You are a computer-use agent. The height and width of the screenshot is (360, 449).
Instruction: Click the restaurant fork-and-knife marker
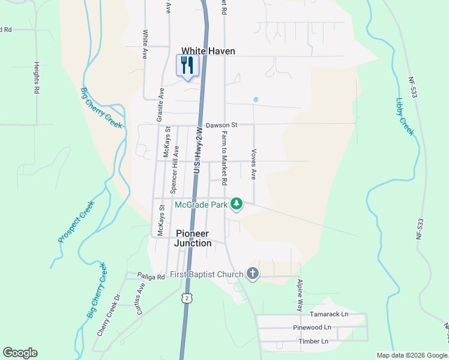point(187,65)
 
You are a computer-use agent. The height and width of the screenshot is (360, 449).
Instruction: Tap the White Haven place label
point(208,51)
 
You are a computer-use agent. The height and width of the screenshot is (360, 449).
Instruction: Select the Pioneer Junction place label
point(193,238)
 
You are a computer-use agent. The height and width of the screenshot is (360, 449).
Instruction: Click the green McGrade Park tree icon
point(237,204)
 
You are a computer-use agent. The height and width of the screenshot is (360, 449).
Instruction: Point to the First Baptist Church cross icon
point(253,274)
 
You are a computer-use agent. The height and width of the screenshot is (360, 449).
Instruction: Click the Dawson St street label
point(221,125)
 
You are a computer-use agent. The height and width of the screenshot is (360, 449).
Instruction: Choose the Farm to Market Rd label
point(224,157)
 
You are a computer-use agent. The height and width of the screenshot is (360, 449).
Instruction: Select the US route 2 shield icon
point(187,298)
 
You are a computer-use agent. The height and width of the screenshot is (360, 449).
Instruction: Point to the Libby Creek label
point(405,116)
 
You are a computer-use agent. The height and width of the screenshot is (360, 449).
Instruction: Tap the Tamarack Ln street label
point(328,314)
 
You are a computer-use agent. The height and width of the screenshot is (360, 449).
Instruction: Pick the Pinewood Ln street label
point(312,328)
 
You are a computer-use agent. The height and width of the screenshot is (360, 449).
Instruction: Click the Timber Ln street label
point(313,341)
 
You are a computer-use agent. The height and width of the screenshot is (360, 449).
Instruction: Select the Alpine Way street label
point(300,294)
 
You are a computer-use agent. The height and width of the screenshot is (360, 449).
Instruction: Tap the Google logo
point(20,353)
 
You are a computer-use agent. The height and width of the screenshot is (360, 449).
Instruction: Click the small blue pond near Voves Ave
point(256,100)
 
